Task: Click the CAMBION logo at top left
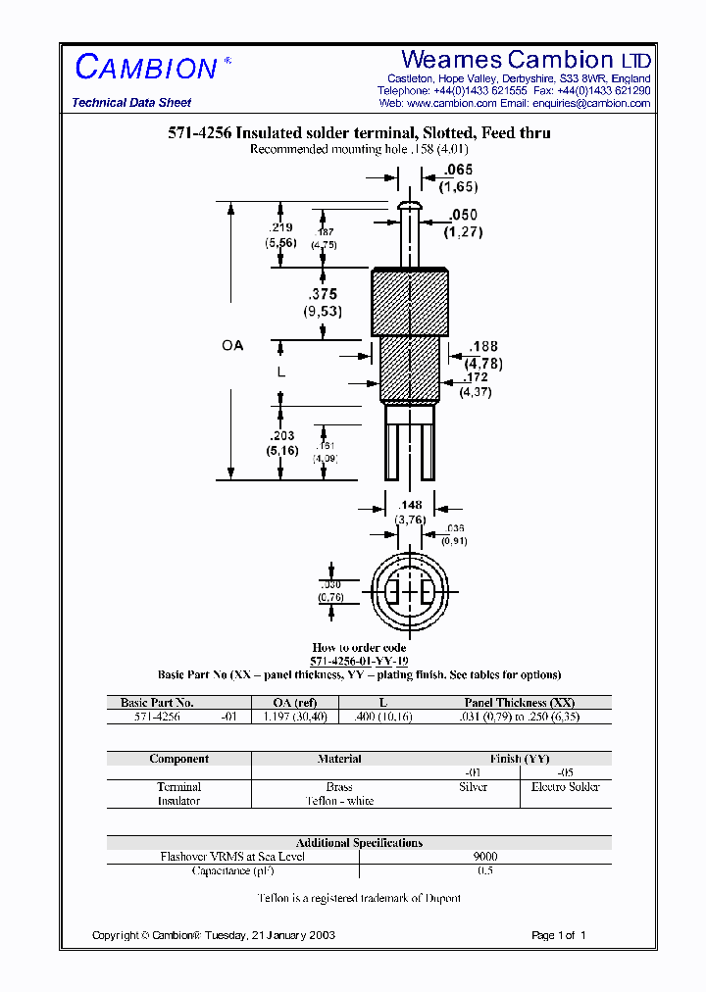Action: pyautogui.click(x=146, y=67)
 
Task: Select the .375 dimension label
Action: pyautogui.click(x=322, y=295)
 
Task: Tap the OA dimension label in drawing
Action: pyautogui.click(x=231, y=346)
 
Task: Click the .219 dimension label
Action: pyautogui.click(x=279, y=226)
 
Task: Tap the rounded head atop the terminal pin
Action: pyautogui.click(x=410, y=205)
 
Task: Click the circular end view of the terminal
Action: pyautogui.click(x=408, y=594)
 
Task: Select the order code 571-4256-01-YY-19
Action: pyautogui.click(x=359, y=662)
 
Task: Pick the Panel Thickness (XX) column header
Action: pyautogui.click(x=520, y=703)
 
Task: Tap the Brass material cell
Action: pyautogui.click(x=339, y=787)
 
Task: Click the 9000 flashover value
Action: pyautogui.click(x=485, y=856)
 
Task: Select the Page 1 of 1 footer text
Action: pyautogui.click(x=558, y=935)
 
